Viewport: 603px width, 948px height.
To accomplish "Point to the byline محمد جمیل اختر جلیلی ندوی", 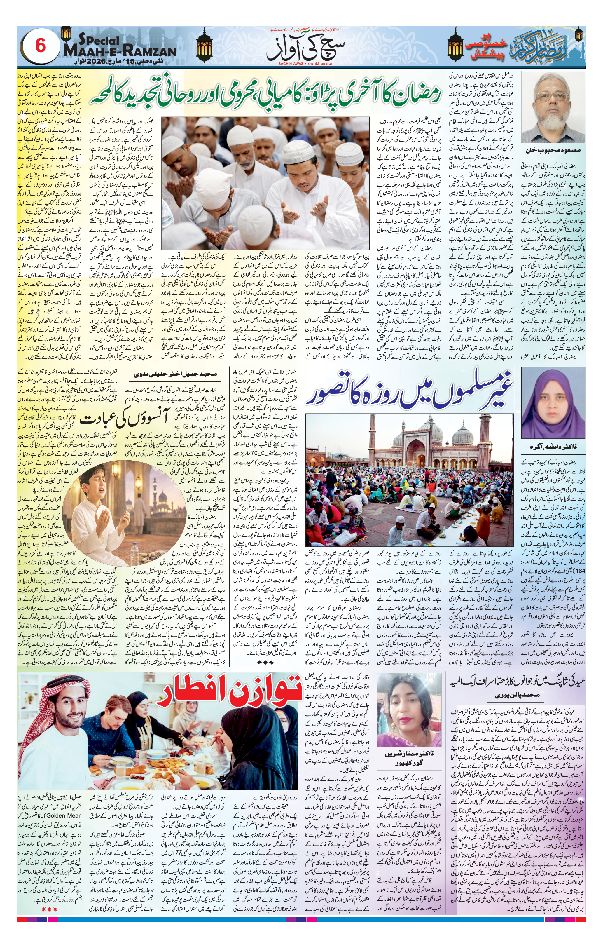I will pos(176,374).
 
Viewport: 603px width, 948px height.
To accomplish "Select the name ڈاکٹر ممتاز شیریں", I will pos(408,754).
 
